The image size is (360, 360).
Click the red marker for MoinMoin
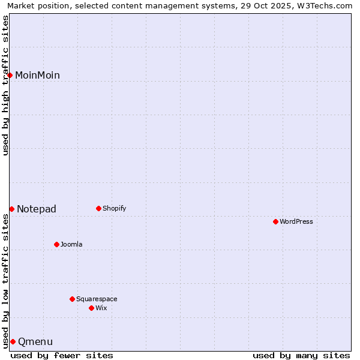[10, 75]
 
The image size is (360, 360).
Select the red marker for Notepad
[11, 209]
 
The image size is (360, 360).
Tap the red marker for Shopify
[98, 208]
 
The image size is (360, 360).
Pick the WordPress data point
[275, 221]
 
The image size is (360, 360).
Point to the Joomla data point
[56, 244]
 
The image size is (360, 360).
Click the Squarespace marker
[72, 299]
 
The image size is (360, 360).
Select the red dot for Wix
[91, 308]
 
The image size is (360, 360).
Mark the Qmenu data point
[13, 341]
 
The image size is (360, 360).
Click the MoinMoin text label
[37, 75]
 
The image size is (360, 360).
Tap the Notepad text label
[37, 209]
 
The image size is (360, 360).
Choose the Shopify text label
[114, 208]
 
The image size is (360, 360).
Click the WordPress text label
[296, 221]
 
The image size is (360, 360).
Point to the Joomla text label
[71, 244]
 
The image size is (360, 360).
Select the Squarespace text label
[97, 299]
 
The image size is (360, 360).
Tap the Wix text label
[101, 308]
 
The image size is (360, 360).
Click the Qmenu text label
[35, 341]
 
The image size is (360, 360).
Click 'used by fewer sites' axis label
[62, 355]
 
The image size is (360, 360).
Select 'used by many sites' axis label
[301, 355]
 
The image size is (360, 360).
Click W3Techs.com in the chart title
[327, 5]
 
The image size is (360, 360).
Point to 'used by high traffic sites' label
[5, 85]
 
